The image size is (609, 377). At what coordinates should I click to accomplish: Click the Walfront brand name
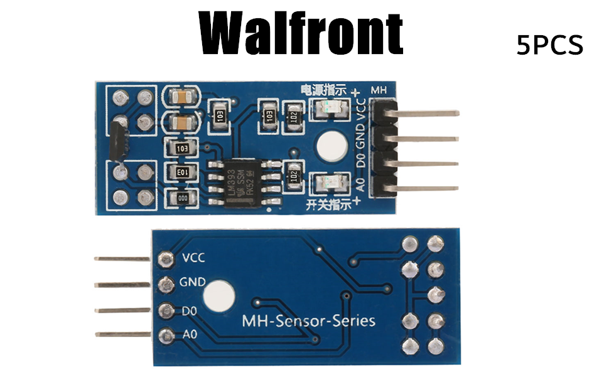click(301, 31)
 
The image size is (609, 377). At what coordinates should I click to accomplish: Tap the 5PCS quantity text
click(550, 46)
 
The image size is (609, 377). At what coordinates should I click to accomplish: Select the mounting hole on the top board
click(331, 146)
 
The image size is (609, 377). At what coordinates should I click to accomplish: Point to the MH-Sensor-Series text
click(308, 321)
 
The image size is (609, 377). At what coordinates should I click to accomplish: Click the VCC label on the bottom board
click(193, 258)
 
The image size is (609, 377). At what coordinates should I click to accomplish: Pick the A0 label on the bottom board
click(189, 335)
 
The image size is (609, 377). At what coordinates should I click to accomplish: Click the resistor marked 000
click(183, 197)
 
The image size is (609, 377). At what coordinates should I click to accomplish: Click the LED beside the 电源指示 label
click(330, 109)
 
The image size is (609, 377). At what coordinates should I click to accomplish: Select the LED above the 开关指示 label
click(330, 183)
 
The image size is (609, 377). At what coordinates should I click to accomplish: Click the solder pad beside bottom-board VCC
click(166, 258)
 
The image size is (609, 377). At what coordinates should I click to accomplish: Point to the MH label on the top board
click(380, 90)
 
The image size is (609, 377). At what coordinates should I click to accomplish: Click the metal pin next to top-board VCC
click(427, 114)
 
